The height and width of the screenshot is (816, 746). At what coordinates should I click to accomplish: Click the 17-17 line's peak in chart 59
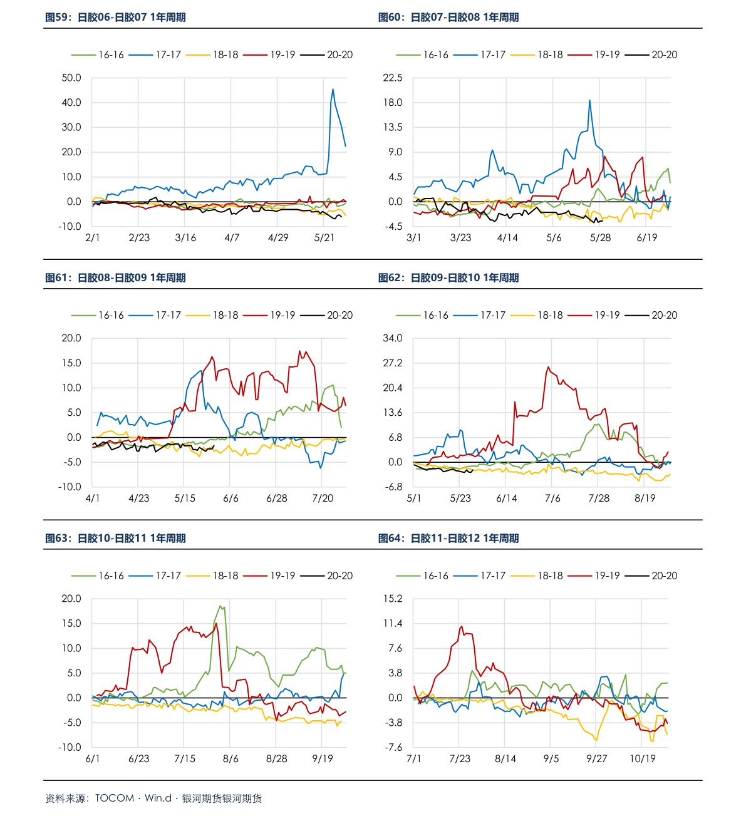coord(333,89)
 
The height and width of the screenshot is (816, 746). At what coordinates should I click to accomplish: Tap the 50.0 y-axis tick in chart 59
coord(71,78)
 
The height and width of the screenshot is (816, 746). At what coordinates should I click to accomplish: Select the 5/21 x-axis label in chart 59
coord(324,238)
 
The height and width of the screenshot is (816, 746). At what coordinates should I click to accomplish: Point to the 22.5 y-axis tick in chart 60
coord(393,78)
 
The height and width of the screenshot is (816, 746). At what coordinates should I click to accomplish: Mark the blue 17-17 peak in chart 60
coord(589,100)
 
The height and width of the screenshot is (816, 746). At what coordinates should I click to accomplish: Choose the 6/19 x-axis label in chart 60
coord(647,238)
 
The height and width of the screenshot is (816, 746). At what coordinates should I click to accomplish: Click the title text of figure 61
coord(115,278)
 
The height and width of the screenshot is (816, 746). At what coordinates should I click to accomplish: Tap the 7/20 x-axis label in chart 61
coord(323,498)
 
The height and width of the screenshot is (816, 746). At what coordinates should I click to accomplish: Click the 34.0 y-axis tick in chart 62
coord(393,338)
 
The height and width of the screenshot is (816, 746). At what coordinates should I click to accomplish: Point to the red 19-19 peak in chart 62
coord(548,367)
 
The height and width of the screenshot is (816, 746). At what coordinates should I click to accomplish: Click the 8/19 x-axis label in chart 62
coord(645,498)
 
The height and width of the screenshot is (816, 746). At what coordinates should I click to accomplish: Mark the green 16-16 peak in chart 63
coord(220,606)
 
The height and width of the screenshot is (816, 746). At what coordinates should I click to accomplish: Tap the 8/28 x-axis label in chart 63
coord(276,759)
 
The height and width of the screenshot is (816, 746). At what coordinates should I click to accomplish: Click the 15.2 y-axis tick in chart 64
coord(393,599)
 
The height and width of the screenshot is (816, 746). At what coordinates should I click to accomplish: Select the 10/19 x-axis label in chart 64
coord(643,759)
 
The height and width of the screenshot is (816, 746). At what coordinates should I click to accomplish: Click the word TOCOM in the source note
coord(115,798)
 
